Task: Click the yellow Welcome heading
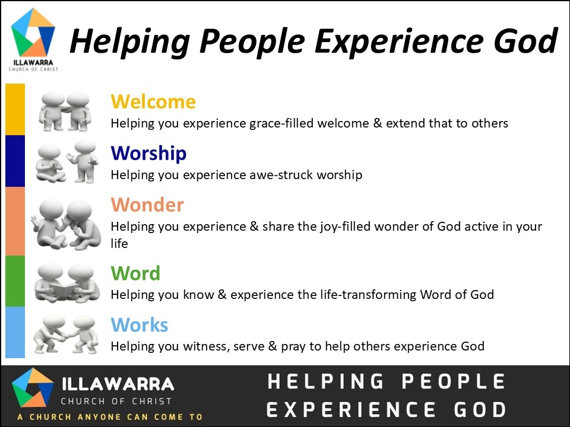pyautogui.click(x=153, y=101)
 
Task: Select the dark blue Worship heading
pyautogui.click(x=148, y=154)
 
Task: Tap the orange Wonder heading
pyautogui.click(x=147, y=205)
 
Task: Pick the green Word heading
pyautogui.click(x=135, y=273)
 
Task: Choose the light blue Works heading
pyautogui.click(x=140, y=324)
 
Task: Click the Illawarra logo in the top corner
pyautogui.click(x=33, y=39)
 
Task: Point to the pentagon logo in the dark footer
pyautogui.click(x=33, y=388)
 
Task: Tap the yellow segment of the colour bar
pyautogui.click(x=15, y=109)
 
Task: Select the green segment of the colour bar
pyautogui.click(x=15, y=281)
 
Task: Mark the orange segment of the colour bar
pyautogui.click(x=15, y=221)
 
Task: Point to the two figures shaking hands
pyautogui.click(x=66, y=334)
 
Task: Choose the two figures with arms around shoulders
pyautogui.click(x=65, y=111)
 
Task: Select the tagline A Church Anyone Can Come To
pyautogui.click(x=110, y=417)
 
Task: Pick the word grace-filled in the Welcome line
pyautogui.click(x=281, y=124)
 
